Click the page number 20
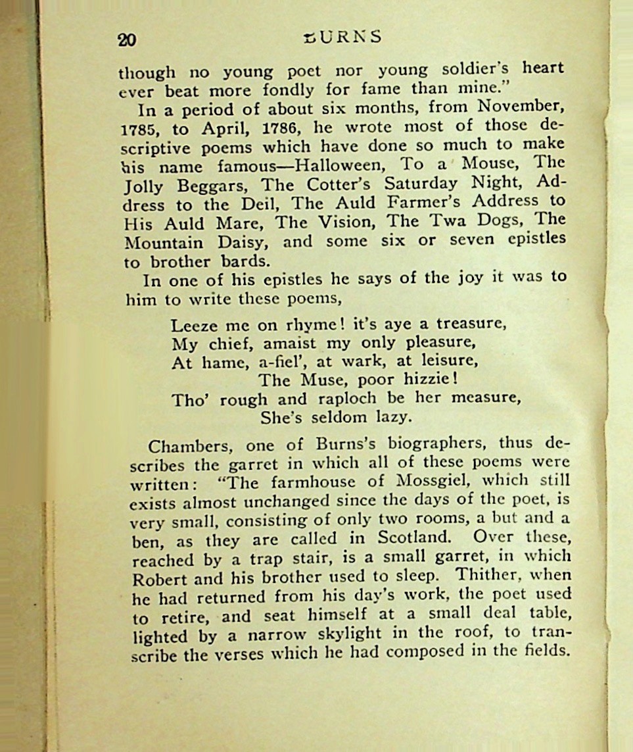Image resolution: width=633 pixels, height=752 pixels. [x=127, y=40]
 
